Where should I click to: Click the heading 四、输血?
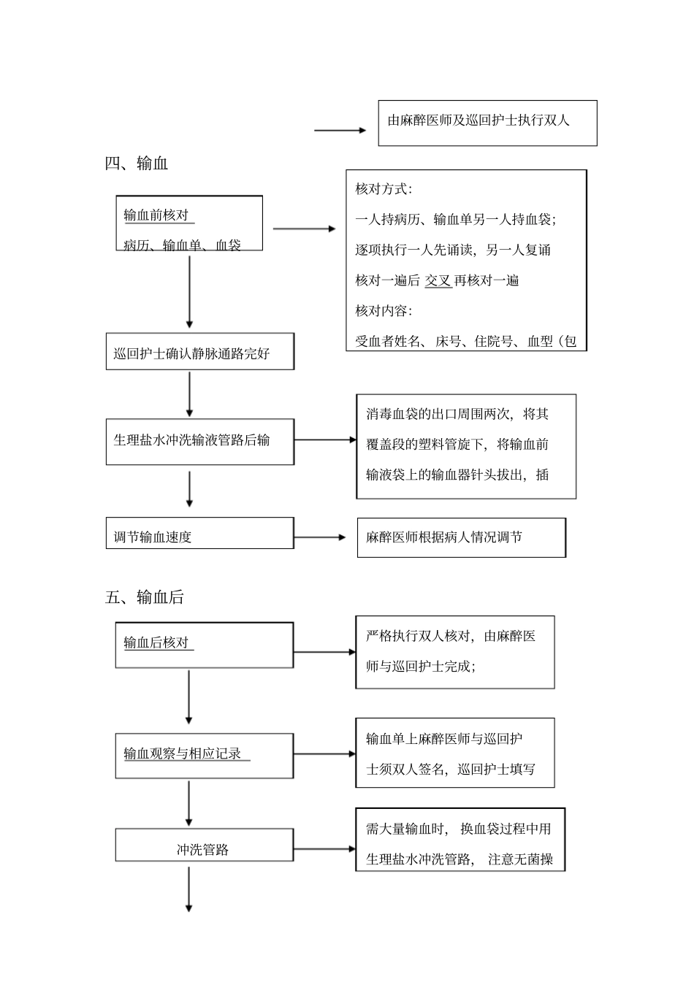pos(137,164)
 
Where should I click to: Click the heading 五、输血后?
pos(145,597)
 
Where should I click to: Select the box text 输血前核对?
pos(156,215)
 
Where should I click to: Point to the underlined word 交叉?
pos(438,280)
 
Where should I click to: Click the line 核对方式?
pos(384,189)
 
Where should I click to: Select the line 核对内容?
pos(384,311)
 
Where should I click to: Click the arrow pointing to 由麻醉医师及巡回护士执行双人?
pos(340,131)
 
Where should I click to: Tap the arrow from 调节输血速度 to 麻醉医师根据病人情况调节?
pos(320,537)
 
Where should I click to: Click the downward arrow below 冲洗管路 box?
pos(189,889)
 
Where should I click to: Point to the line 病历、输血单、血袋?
pos(182,245)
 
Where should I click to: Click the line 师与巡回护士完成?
pos(421,666)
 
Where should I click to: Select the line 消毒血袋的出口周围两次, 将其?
pos(457,414)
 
